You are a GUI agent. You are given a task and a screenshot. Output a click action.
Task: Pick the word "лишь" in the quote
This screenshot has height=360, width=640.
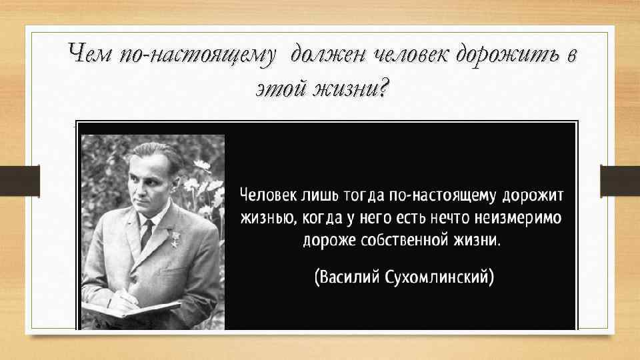tap(319, 195)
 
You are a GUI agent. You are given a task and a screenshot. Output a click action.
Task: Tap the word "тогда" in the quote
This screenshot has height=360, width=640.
tap(365, 195)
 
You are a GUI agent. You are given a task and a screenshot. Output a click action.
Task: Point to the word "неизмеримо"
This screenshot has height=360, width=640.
tap(517, 218)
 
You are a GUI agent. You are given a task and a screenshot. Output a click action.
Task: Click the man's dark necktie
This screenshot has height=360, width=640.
tap(147, 233)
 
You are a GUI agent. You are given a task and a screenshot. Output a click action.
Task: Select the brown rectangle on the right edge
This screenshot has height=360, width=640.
tap(619, 181)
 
